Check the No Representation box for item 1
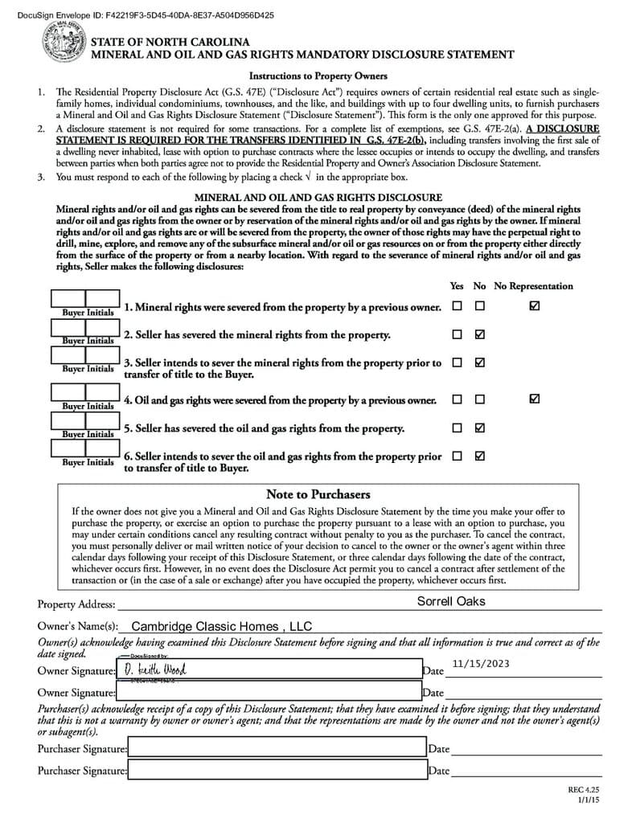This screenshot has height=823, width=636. (535, 306)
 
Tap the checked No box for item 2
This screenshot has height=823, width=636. (480, 334)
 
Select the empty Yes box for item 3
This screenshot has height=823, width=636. (457, 362)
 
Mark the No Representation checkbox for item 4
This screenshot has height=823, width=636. (535, 399)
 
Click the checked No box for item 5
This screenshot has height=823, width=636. (480, 428)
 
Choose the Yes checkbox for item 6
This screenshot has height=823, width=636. (457, 456)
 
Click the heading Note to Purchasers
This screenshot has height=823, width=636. (318, 494)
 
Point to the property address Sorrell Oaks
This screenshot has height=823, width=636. (451, 601)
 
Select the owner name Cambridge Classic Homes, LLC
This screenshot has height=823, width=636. (221, 627)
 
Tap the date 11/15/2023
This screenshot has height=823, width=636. (481, 663)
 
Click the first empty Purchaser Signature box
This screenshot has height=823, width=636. (277, 749)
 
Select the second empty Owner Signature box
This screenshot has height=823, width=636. (269, 690)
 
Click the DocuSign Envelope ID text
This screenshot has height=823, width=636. (149, 14)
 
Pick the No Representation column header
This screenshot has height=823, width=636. (533, 286)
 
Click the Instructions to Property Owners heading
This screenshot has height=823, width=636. (318, 76)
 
